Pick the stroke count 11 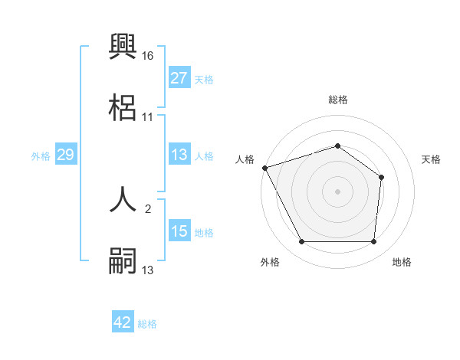point(148,117)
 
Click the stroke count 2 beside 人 point(148,208)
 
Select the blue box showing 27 point(179,79)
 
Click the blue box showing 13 point(179,155)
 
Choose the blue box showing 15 point(179,231)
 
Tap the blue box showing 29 point(65,155)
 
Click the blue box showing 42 point(123,322)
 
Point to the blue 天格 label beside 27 point(204,80)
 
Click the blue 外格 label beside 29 point(41,155)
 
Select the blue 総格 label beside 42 point(147,323)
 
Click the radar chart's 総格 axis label point(338,100)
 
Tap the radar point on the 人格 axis point(264,168)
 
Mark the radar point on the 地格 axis point(374,242)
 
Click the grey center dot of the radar point(338,191)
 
